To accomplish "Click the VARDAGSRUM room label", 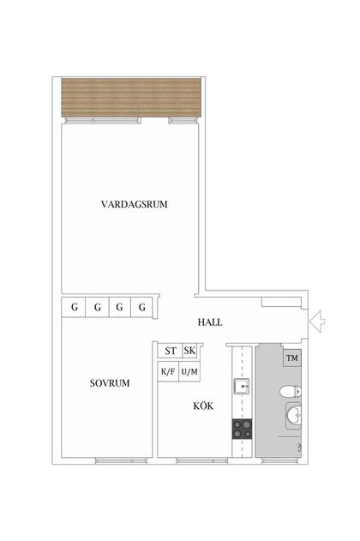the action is (134, 204).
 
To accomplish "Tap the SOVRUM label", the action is (110, 383).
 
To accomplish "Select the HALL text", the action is (210, 322).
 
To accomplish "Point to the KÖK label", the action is (203, 406).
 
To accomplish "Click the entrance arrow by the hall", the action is (317, 322).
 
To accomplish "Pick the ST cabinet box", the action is (170, 351).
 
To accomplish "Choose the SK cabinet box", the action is (190, 351).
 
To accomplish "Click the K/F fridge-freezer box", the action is (168, 371).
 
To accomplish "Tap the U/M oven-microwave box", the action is (189, 371).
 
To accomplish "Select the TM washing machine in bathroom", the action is (292, 358).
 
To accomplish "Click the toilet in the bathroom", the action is (291, 391).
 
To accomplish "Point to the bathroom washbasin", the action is (294, 416).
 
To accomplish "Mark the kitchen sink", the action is (242, 386).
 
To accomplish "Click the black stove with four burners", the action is (242, 429).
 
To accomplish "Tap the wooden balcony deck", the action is (131, 97).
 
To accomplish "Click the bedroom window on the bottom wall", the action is (121, 460).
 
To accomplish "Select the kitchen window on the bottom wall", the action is (201, 460).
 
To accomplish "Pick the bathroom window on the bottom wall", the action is (279, 460).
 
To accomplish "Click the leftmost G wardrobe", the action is (74, 307).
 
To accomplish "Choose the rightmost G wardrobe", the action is (141, 307).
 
